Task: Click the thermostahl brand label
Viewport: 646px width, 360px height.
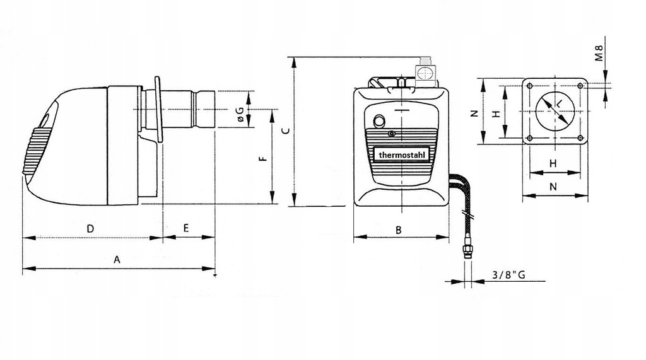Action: tap(401, 155)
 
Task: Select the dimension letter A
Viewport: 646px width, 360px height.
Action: tap(117, 260)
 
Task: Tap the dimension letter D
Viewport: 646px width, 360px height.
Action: tap(91, 229)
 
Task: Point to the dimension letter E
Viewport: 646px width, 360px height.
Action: tap(186, 228)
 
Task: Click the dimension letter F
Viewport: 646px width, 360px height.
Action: tap(264, 158)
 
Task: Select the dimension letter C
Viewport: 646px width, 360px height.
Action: tap(285, 131)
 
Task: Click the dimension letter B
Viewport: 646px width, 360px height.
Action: tap(399, 230)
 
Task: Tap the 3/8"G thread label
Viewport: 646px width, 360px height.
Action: tap(509, 275)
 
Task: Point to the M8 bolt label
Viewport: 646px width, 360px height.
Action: tap(599, 53)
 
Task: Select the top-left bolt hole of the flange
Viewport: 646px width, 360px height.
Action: tap(529, 86)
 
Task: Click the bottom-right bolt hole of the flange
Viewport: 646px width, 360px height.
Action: tap(580, 137)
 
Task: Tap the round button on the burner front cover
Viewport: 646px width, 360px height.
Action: tap(379, 121)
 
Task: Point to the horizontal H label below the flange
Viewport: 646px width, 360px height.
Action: tap(553, 163)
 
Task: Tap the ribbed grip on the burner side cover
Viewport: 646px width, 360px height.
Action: tap(36, 149)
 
